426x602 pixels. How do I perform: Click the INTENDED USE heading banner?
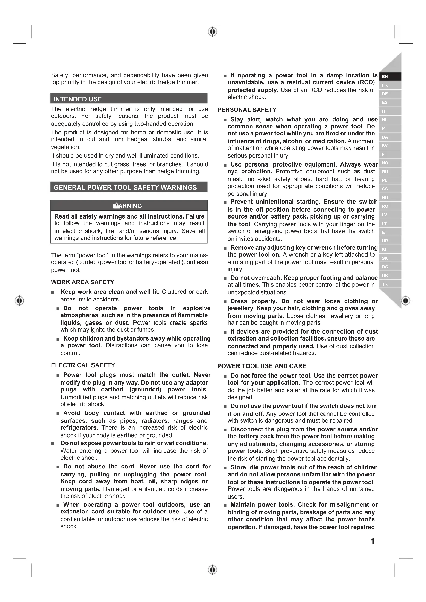point(129,99)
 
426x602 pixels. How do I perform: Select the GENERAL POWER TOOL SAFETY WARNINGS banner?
point(129,187)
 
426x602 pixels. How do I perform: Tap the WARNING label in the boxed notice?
point(127,206)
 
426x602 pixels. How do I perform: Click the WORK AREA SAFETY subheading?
point(83,282)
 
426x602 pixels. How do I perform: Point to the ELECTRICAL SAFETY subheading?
point(83,365)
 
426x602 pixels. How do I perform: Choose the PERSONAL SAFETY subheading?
point(247,110)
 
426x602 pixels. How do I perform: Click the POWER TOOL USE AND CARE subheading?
point(262,366)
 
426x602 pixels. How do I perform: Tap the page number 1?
point(372,541)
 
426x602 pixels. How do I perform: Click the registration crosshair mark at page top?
point(213,32)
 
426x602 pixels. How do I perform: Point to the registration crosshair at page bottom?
point(213,570)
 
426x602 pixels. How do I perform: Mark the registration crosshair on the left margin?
point(19,300)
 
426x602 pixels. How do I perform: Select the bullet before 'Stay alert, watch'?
point(225,120)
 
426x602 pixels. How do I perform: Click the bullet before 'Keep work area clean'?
point(53,292)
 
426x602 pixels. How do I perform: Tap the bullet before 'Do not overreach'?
point(225,278)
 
